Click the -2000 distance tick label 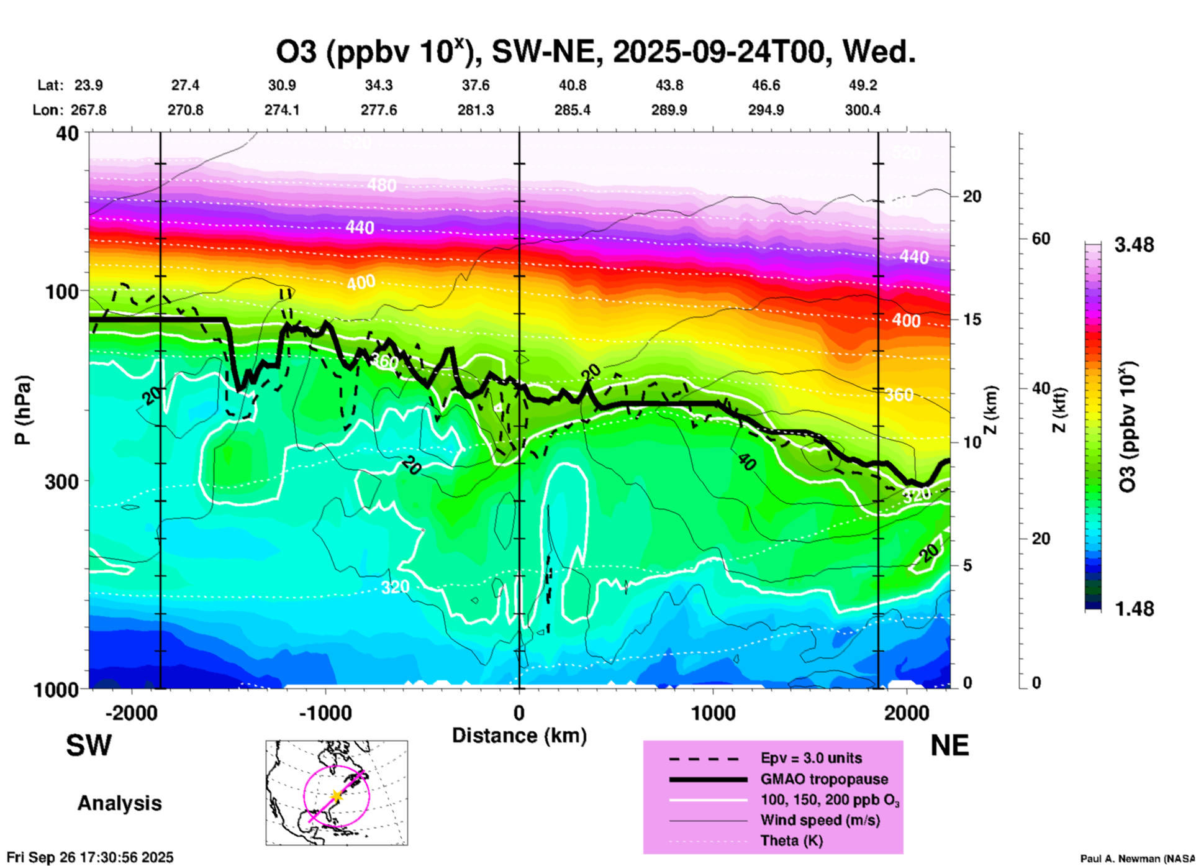click(132, 713)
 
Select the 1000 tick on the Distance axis click(713, 713)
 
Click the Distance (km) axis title click(519, 736)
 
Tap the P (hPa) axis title click(23, 410)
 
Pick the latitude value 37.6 click(476, 85)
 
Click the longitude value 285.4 click(573, 111)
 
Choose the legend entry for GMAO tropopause click(824, 779)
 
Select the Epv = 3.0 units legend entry click(811, 759)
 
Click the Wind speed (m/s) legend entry click(820, 820)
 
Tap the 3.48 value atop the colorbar click(1134, 245)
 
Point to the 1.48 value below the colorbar click(1134, 609)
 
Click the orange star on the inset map click(337, 796)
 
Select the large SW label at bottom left click(89, 745)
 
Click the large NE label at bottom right click(949, 745)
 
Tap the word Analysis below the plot click(119, 803)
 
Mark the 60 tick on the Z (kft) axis click(1041, 239)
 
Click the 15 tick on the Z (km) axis click(972, 319)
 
